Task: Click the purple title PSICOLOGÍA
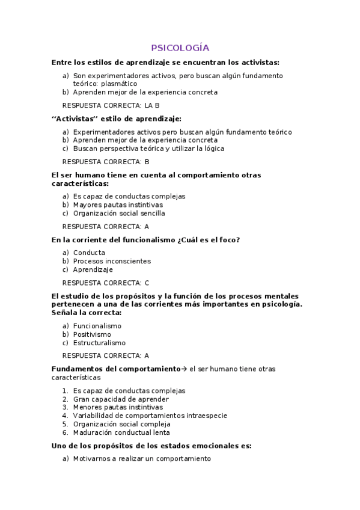pyautogui.click(x=180, y=48)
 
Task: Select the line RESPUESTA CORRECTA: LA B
pyautogui.click(x=111, y=105)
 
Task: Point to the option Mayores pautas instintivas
pyautogui.click(x=109, y=204)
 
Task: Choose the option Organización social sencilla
pyautogui.click(x=118, y=213)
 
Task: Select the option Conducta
pyautogui.click(x=89, y=253)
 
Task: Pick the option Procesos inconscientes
pyautogui.click(x=112, y=261)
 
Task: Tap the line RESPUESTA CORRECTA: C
pyautogui.click(x=106, y=283)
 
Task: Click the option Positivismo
pyautogui.click(x=92, y=334)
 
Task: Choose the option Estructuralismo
pyautogui.click(x=99, y=343)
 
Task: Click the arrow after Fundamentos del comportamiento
pyautogui.click(x=185, y=369)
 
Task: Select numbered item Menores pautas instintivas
pyautogui.click(x=109, y=407)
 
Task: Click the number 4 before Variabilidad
pyautogui.click(x=65, y=416)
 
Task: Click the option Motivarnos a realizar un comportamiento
pyautogui.click(x=142, y=458)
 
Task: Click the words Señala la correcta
pyautogui.click(x=87, y=313)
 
